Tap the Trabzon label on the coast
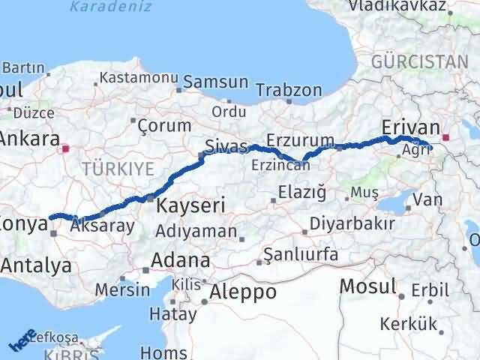click(x=289, y=91)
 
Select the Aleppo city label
click(x=244, y=291)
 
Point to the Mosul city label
click(x=367, y=286)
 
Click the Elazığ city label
click(x=301, y=193)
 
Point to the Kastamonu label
click(x=139, y=77)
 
